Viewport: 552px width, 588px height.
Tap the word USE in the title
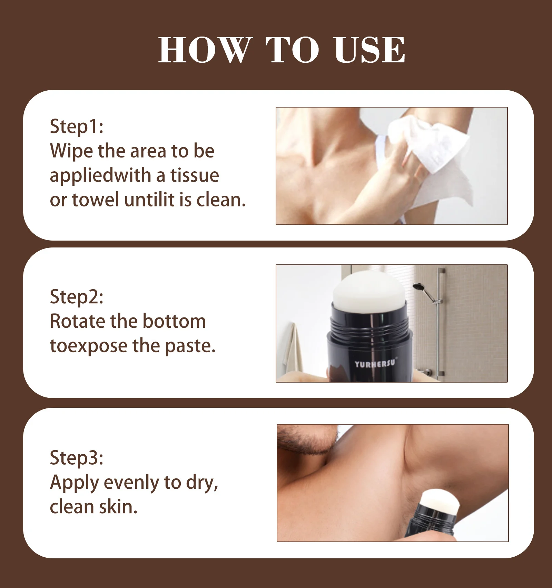click(x=369, y=50)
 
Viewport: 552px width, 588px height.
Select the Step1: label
click(x=77, y=126)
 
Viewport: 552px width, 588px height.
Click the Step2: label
click(x=77, y=297)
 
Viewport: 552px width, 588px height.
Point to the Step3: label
click(x=77, y=458)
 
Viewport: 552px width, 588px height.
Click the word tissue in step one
click(x=195, y=175)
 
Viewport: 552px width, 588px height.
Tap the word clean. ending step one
click(x=221, y=200)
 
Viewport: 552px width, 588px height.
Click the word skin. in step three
click(x=118, y=507)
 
